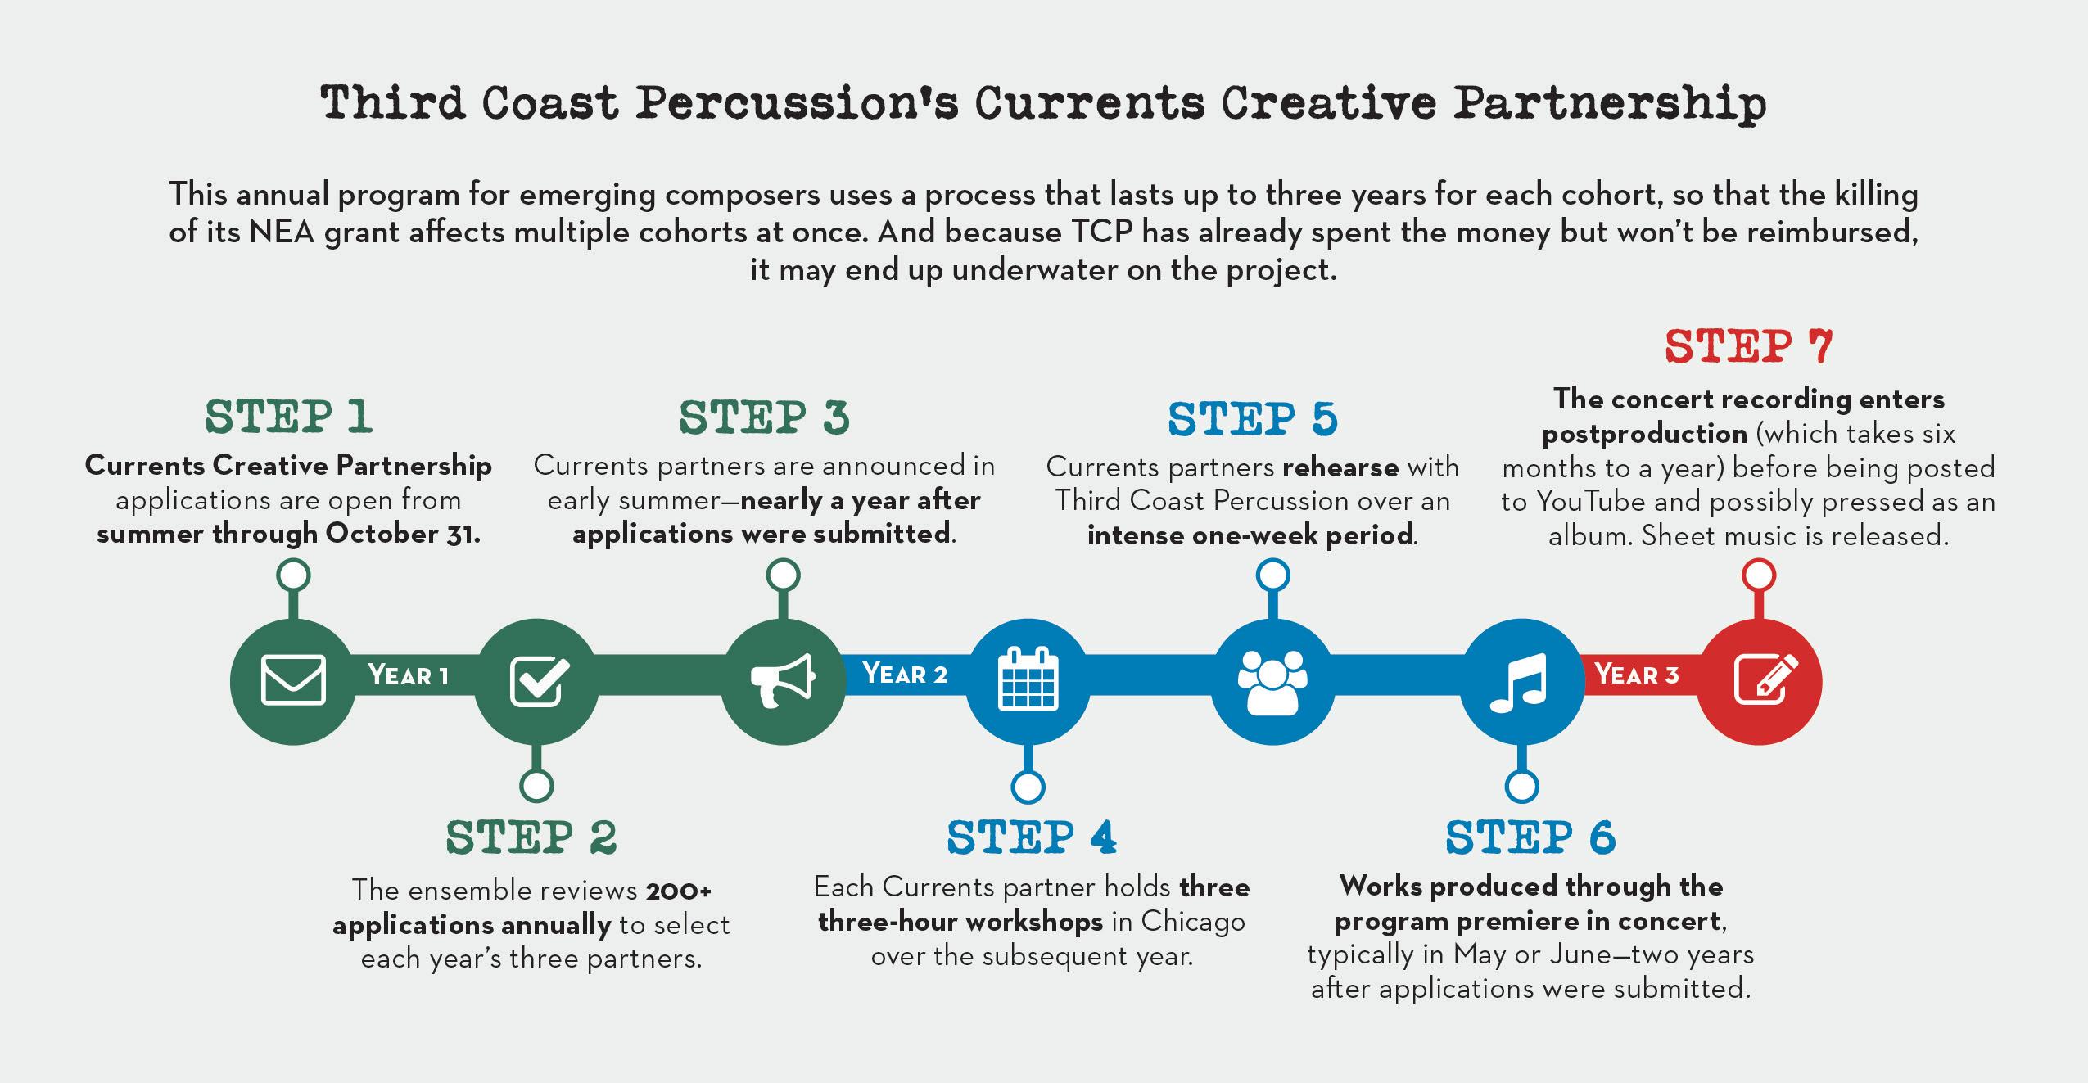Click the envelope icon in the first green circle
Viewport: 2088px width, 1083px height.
pyautogui.click(x=293, y=680)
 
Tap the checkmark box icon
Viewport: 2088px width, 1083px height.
pyautogui.click(x=539, y=680)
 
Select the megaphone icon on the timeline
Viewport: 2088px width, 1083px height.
pyautogui.click(x=783, y=680)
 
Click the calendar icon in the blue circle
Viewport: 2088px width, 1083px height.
pyautogui.click(x=1028, y=679)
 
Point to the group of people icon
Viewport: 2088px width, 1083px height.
pyautogui.click(x=1272, y=682)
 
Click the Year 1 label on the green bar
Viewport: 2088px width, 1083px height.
pyautogui.click(x=408, y=675)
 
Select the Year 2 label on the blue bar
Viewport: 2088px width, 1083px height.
pyautogui.click(x=905, y=674)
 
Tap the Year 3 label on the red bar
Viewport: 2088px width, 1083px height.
pyautogui.click(x=1636, y=675)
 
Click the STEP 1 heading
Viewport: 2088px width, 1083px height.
pyautogui.click(x=288, y=417)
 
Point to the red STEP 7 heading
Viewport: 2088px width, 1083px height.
pyautogui.click(x=1748, y=347)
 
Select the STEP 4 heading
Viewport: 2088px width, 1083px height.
pyautogui.click(x=1031, y=837)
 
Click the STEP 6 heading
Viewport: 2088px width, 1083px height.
pyautogui.click(x=1530, y=837)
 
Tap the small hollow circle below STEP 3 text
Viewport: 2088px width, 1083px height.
pyautogui.click(x=783, y=575)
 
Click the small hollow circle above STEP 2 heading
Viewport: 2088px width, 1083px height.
pyautogui.click(x=536, y=786)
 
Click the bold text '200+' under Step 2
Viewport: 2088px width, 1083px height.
pyautogui.click(x=679, y=889)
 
